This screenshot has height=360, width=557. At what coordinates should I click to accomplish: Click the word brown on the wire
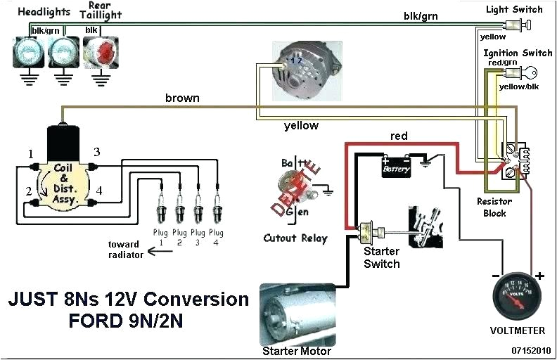[182, 98]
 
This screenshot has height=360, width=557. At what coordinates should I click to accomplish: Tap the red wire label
[399, 136]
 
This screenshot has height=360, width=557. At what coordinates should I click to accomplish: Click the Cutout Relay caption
[295, 238]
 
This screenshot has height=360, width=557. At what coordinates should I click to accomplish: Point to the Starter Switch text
[381, 258]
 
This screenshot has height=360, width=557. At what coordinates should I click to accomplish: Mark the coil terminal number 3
[97, 152]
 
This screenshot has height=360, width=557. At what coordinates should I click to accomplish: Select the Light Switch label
[514, 9]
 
